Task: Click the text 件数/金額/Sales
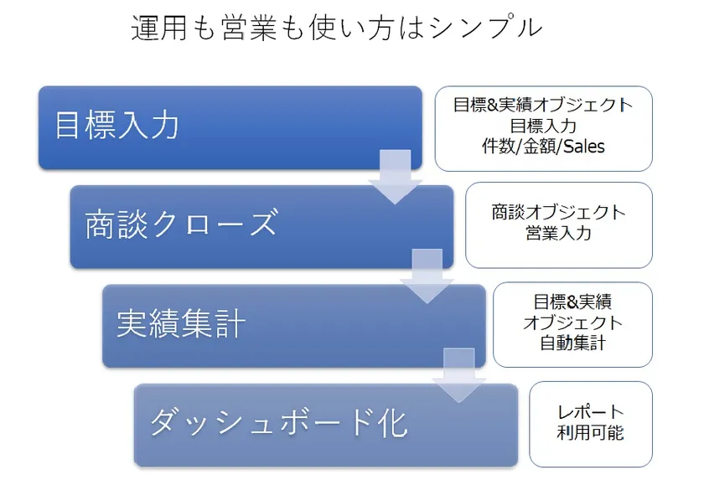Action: pyautogui.click(x=543, y=147)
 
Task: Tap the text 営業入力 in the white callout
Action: pyautogui.click(x=558, y=234)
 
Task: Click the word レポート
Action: pyautogui.click(x=591, y=413)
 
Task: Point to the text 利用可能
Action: pyautogui.click(x=591, y=433)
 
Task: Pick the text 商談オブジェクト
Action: pyautogui.click(x=558, y=213)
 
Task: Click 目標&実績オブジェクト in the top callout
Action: pyautogui.click(x=543, y=106)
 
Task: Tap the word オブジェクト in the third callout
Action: pyautogui.click(x=573, y=322)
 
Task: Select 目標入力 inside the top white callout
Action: pyautogui.click(x=543, y=126)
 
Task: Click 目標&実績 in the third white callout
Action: pyautogui.click(x=573, y=302)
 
